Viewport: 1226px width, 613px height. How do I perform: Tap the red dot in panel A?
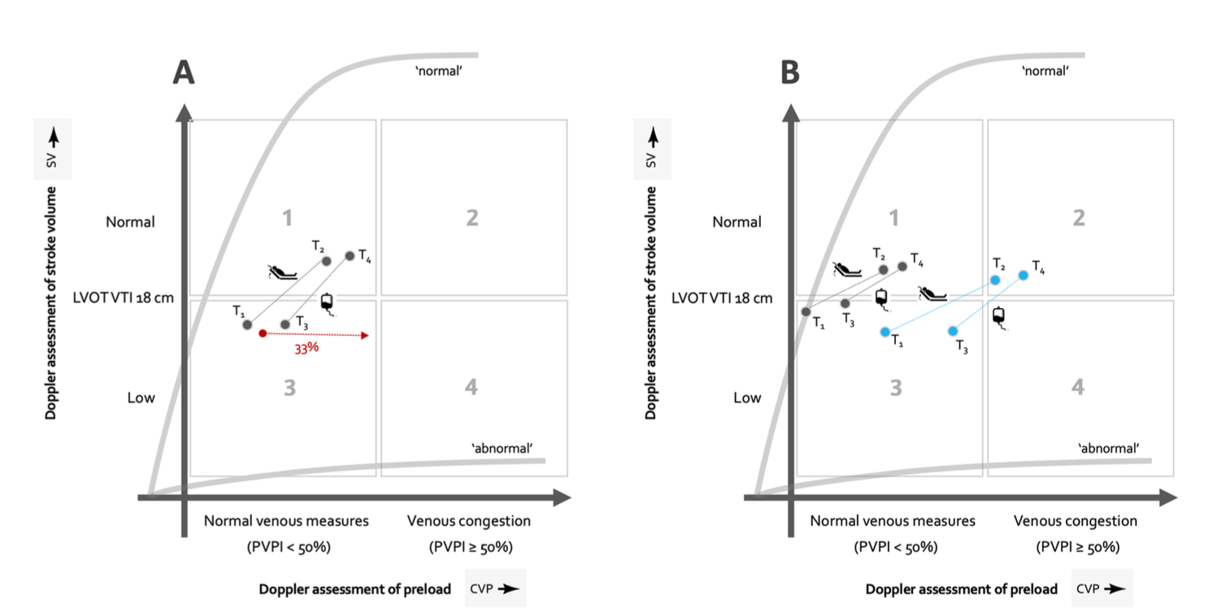[x=262, y=333]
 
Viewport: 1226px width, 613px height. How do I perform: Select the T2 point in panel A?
[x=326, y=261]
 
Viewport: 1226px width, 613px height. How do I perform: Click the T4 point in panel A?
[x=350, y=255]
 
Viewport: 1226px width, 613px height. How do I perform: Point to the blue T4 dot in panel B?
[x=1023, y=275]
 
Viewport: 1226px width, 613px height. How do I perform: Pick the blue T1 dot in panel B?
[x=885, y=331]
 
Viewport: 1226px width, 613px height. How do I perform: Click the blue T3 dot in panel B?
[x=953, y=331]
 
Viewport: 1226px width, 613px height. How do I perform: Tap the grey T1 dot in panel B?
[x=806, y=311]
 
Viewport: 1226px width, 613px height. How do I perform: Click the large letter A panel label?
[x=184, y=72]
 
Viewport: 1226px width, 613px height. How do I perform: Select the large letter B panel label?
[x=789, y=72]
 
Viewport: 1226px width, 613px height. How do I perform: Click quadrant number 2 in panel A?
[x=472, y=218]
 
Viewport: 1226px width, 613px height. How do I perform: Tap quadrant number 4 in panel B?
[x=1078, y=388]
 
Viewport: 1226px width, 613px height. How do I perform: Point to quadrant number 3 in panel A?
[x=289, y=388]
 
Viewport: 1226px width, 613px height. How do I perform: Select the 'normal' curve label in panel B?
[x=1045, y=72]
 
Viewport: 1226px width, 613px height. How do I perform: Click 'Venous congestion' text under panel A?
[x=469, y=521]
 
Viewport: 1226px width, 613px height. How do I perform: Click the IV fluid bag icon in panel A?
[x=327, y=302]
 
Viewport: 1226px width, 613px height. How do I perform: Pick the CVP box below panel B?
[x=1102, y=589]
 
